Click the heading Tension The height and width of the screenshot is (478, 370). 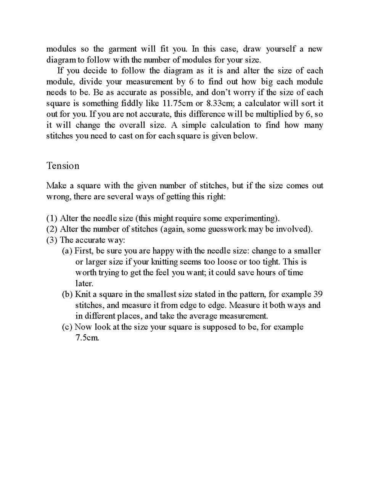click(63, 166)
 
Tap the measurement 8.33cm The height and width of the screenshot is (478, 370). click(219, 103)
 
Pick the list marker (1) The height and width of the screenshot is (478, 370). click(52, 218)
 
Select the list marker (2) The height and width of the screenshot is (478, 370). click(52, 229)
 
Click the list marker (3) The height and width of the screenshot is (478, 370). click(52, 240)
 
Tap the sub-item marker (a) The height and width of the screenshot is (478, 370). click(67, 251)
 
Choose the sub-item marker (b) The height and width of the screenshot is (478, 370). click(67, 294)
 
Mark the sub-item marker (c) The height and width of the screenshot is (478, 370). click(67, 327)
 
